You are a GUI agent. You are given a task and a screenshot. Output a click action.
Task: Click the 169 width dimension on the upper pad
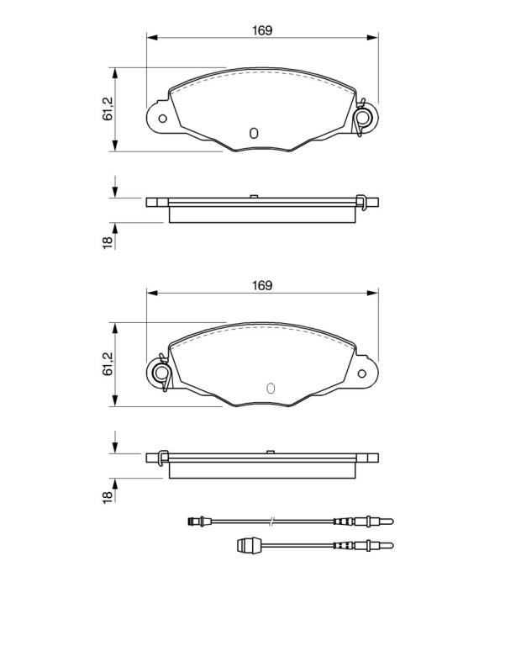[262, 30]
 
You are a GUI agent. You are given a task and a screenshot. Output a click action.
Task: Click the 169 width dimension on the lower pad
[262, 285]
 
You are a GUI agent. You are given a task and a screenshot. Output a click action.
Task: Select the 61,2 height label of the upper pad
[108, 109]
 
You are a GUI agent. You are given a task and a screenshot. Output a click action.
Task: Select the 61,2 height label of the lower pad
[108, 364]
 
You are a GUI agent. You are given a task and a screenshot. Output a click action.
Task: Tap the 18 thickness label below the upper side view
[108, 242]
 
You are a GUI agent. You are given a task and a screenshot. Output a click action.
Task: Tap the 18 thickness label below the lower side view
[108, 497]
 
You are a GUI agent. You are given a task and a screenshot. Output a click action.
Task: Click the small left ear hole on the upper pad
[162, 119]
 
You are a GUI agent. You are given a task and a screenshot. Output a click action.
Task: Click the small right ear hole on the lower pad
[361, 373]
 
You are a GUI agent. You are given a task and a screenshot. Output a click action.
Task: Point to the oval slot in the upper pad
[254, 133]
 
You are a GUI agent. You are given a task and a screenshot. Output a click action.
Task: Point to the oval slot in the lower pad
[271, 388]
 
